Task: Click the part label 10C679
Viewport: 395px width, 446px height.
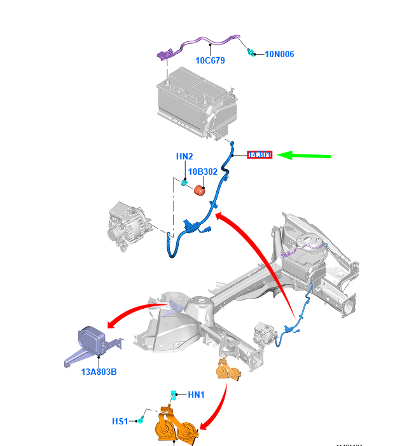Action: [210, 61]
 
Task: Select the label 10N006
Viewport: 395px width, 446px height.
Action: [279, 55]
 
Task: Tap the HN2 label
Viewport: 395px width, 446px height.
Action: [184, 157]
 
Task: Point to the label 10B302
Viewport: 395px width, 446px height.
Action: [202, 172]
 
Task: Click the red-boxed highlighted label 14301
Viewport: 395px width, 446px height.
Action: [260, 154]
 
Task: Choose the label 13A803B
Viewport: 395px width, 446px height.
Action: [99, 372]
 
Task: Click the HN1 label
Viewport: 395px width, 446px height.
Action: [197, 395]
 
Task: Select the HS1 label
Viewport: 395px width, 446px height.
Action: [120, 421]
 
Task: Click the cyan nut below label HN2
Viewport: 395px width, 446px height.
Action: [184, 184]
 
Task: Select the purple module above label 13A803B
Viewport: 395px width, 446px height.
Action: [93, 341]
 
